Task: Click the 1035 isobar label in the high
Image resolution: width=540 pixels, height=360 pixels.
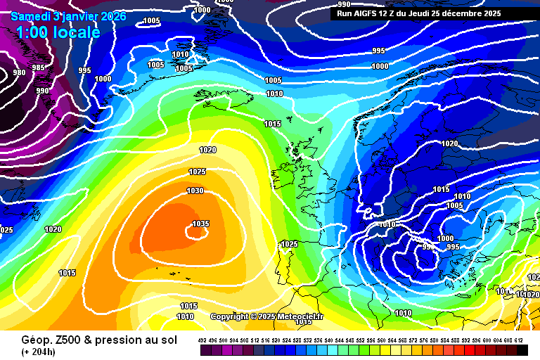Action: pos(200,224)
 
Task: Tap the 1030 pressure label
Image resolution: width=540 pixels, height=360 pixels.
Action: pos(195,191)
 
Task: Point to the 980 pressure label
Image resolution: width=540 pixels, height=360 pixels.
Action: pos(19,72)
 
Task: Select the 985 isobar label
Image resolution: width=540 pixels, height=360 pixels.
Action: pos(39,67)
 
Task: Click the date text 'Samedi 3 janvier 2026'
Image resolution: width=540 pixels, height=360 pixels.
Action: pos(68,16)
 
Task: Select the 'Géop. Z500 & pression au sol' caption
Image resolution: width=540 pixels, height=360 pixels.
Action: pos(82,339)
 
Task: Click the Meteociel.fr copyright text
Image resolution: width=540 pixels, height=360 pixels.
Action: pos(266,317)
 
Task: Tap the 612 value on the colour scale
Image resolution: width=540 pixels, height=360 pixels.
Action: pos(519,340)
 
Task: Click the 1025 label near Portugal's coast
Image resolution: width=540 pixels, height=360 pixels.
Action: pos(289,244)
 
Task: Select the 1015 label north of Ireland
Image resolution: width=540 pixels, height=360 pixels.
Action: pos(272,124)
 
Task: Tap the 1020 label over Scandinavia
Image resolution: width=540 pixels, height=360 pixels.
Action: pos(449,143)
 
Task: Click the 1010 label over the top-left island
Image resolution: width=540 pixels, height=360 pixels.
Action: pos(181,54)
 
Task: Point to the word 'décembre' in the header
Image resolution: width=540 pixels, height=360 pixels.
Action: pos(458,13)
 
